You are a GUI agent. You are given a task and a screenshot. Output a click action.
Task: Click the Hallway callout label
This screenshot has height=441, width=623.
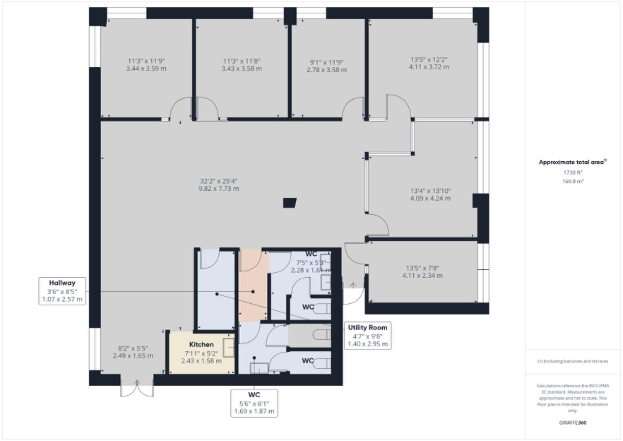point(62,291)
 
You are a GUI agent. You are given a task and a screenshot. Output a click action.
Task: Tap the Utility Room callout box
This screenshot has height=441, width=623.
point(368,336)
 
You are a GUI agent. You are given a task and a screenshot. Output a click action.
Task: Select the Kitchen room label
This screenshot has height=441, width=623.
point(201,345)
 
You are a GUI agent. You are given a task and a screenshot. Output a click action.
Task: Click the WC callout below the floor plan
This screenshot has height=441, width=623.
point(254,403)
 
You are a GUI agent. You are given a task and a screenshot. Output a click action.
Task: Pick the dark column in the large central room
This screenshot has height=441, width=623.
point(290,203)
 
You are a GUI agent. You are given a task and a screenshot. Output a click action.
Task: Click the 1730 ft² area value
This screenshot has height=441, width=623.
point(572,172)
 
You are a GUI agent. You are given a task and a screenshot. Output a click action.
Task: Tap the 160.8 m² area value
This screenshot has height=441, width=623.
point(572,181)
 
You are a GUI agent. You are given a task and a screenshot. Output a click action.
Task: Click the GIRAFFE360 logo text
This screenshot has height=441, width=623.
point(572,423)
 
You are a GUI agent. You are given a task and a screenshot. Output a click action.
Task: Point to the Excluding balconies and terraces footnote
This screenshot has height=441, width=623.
point(572,361)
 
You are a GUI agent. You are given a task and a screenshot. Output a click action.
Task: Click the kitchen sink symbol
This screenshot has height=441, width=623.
point(228,347)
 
